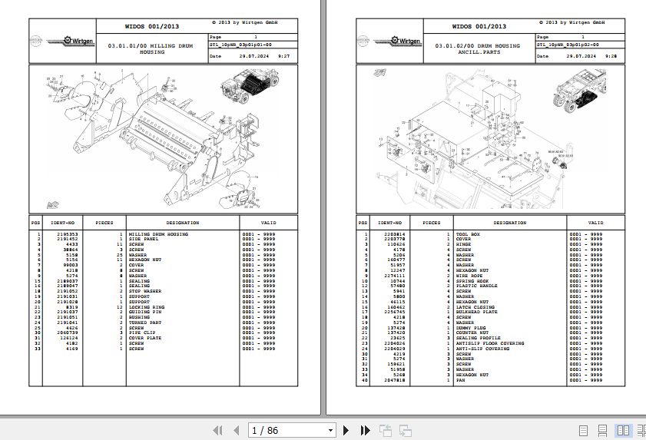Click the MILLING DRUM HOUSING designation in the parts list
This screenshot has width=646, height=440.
pos(158,234)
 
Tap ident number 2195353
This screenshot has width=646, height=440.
pos(67,234)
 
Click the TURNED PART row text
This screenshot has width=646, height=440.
pos(144,323)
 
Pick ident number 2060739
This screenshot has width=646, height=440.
pos(67,332)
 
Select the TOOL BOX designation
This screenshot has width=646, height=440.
pos(468,234)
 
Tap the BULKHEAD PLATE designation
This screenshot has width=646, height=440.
pos(475,312)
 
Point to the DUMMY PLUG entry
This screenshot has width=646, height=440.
pos(471,327)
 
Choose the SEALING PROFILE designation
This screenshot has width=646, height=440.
pos(478,338)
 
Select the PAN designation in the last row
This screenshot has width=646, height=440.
pos(460,379)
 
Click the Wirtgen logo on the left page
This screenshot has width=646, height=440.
pos(68,40)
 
